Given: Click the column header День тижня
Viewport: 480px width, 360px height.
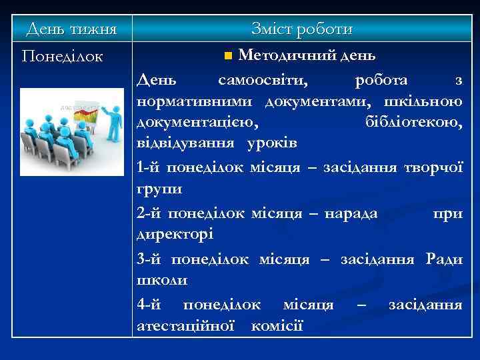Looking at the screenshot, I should coord(71,29).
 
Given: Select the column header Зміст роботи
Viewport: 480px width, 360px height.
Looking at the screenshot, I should coord(301,29).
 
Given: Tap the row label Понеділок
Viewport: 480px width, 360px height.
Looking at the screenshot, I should coord(62,56).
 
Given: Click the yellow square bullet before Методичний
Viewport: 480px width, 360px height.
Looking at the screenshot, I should coord(229,54).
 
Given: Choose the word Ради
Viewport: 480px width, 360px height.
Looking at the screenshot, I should coord(444,259).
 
